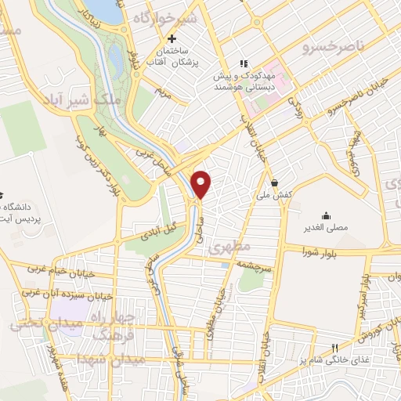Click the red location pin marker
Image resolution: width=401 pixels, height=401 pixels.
pos(202,183)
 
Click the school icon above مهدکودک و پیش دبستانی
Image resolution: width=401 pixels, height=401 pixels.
pos(244,63)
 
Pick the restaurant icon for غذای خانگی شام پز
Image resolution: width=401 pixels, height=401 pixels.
pos(334,348)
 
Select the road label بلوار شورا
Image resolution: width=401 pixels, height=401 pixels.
pos(322,251)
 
